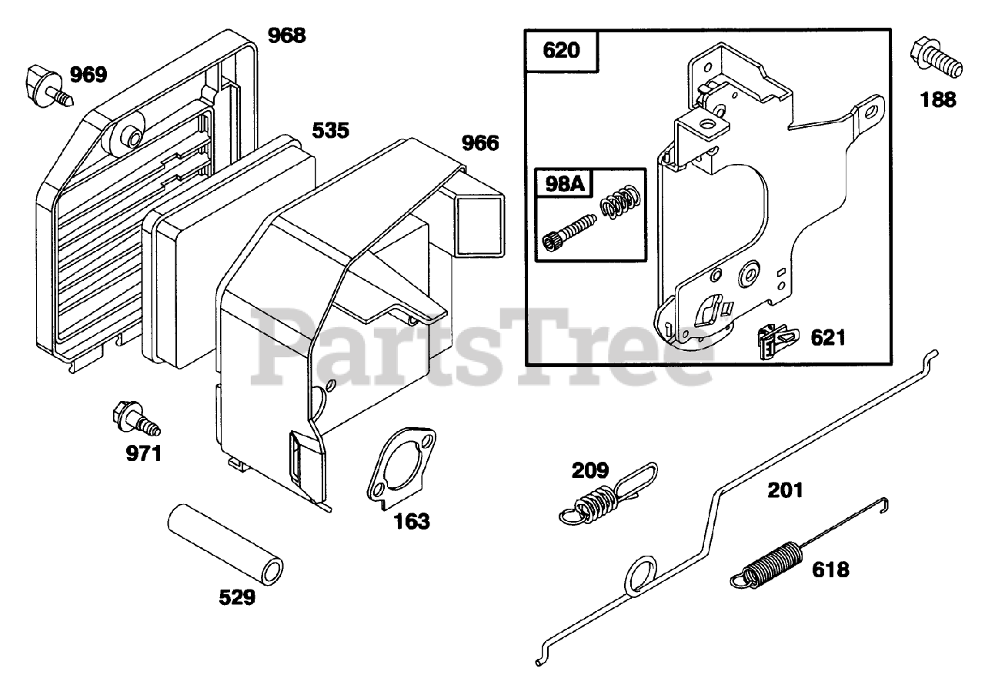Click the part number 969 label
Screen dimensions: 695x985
[x=89, y=75]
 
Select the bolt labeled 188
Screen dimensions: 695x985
[x=934, y=57]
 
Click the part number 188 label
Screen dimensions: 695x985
[x=937, y=99]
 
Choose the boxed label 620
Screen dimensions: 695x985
[x=562, y=52]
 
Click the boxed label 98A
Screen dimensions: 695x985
[x=563, y=184]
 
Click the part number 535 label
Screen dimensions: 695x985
[x=331, y=130]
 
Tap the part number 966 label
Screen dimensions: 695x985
[x=480, y=143]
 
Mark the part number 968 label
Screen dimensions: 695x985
[x=286, y=35]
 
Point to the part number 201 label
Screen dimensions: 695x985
[x=784, y=490]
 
